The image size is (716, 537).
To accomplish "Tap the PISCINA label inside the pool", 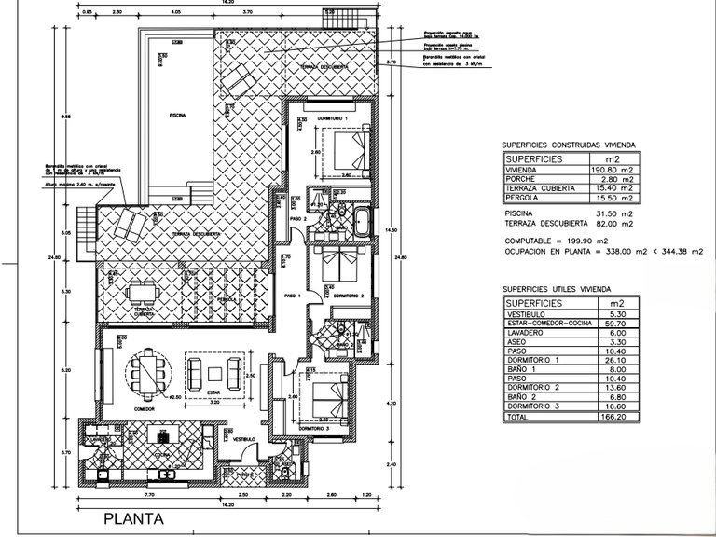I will click(x=178, y=115).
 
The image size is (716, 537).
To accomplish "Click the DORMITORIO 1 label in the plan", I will click(x=331, y=119).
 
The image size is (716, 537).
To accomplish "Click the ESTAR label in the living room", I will click(x=213, y=392).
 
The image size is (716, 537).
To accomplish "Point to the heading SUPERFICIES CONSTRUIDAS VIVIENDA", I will click(x=569, y=145).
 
